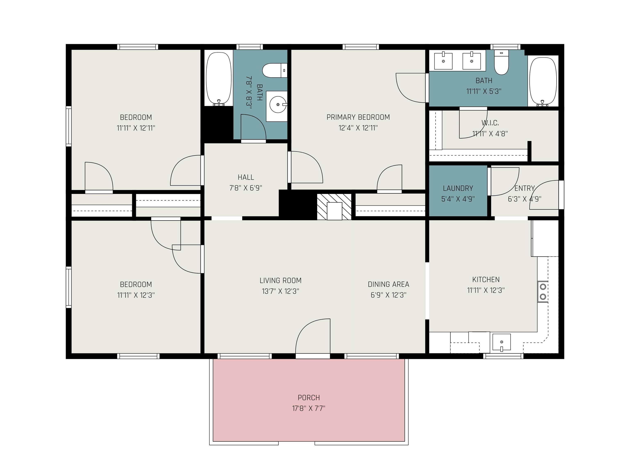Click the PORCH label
(x=309, y=397)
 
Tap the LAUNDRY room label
(x=458, y=188)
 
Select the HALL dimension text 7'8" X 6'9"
(x=246, y=188)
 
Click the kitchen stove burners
(x=543, y=291)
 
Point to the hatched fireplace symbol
(x=334, y=207)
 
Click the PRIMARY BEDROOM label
(x=358, y=117)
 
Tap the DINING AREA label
(x=388, y=284)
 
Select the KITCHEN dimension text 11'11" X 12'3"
(x=486, y=290)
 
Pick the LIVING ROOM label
(x=281, y=281)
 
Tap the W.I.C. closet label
(x=490, y=123)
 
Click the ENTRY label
(x=525, y=188)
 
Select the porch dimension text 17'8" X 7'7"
(x=309, y=408)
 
